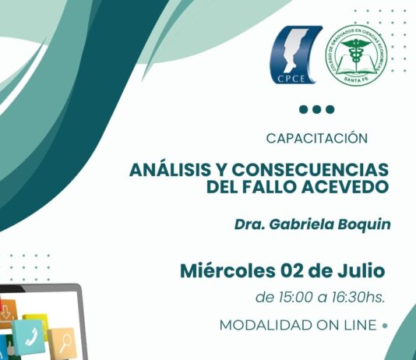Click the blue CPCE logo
(295, 55)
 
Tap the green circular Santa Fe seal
(356, 55)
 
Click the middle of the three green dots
(317, 109)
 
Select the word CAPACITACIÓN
(317, 138)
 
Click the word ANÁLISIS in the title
(170, 170)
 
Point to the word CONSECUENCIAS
(310, 170)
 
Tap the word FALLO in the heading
(270, 187)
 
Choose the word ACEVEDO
(345, 187)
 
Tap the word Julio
(361, 271)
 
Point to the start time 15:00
(296, 298)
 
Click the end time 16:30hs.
(358, 298)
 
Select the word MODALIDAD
(266, 325)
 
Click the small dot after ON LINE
(385, 325)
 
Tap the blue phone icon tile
(30, 336)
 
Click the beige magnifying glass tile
(63, 343)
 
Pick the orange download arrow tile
(7, 312)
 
